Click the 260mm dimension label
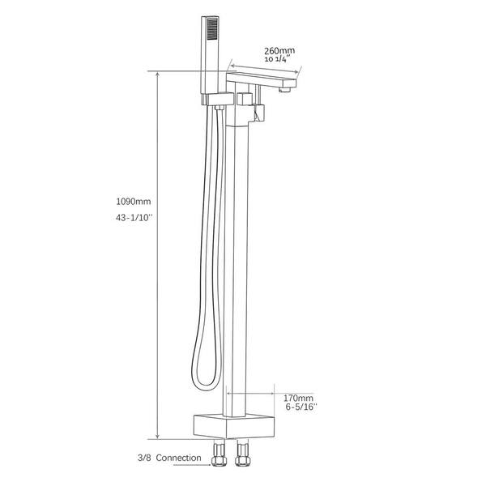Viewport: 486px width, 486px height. [279, 50]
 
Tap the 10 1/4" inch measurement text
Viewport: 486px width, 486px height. [277, 59]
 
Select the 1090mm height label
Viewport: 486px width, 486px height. [134, 202]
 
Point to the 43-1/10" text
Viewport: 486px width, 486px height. [134, 218]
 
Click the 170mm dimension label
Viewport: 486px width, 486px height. [298, 398]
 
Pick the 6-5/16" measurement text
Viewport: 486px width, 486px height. [301, 407]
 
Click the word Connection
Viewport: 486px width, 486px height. [178, 458]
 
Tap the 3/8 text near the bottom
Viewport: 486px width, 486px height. [144, 458]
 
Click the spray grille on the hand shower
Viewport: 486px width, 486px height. [212, 29]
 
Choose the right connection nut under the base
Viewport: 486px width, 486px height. [242, 454]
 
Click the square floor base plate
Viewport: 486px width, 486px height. [234, 426]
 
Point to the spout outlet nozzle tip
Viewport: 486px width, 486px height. [284, 90]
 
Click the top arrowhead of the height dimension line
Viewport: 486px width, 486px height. [158, 75]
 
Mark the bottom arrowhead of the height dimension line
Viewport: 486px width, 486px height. [158, 436]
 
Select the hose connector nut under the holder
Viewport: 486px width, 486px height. [220, 108]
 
